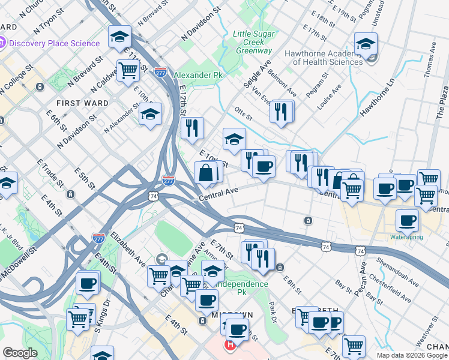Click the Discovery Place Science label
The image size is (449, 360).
click(x=54, y=43)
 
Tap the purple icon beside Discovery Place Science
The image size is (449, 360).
click(x=2, y=43)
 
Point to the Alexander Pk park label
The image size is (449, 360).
click(x=197, y=75)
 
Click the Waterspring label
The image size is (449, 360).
click(x=406, y=237)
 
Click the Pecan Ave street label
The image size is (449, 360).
click(x=362, y=272)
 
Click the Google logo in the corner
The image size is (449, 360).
click(x=20, y=353)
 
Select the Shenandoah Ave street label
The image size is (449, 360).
click(x=396, y=270)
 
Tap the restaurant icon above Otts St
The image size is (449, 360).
click(x=282, y=111)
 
